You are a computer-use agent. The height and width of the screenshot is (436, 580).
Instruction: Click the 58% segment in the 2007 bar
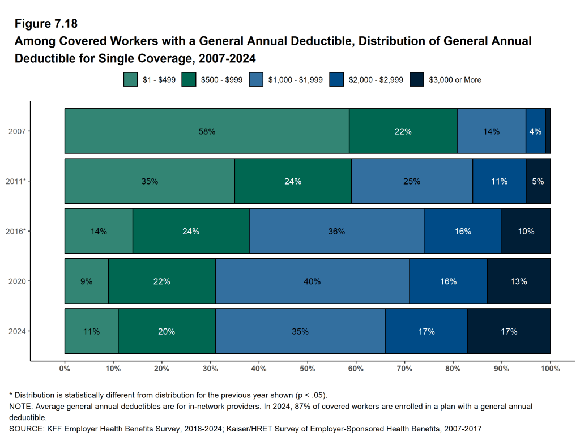(207, 131)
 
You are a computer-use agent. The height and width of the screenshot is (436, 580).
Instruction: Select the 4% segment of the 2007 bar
(535, 131)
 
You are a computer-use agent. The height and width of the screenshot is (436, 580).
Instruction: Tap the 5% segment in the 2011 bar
(538, 181)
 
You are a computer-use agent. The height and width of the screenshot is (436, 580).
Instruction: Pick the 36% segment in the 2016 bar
(336, 231)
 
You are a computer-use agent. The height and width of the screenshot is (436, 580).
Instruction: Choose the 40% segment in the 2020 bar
(312, 281)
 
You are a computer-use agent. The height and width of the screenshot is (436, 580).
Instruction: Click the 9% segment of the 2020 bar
(86, 281)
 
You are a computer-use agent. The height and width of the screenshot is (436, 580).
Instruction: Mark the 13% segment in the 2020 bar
(518, 281)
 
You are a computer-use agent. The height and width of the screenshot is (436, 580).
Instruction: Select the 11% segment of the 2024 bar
(91, 331)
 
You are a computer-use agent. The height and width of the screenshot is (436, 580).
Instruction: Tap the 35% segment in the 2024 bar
(300, 331)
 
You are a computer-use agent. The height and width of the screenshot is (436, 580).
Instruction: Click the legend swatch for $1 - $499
(130, 80)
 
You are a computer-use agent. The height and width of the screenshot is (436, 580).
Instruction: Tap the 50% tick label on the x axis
(308, 369)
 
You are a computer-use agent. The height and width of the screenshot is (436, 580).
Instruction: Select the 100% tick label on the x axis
(550, 369)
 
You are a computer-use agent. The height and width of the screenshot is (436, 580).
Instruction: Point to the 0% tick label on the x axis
(65, 369)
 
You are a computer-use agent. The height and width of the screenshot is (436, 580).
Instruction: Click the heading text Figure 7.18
(46, 24)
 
